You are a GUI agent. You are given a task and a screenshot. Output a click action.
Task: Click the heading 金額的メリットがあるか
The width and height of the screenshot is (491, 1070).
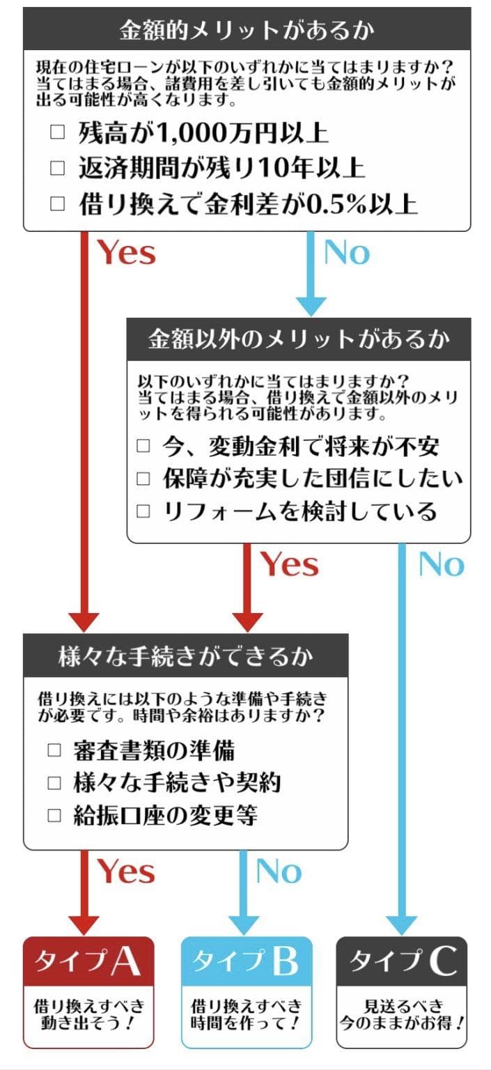[x=247, y=29]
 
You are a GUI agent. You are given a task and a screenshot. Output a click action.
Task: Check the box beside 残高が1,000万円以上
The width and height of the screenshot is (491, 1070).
[x=58, y=132]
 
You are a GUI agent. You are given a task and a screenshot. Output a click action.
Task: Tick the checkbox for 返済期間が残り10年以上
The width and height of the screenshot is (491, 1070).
[x=58, y=168]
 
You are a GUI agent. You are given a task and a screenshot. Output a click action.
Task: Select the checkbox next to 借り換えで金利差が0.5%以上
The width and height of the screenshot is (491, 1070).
[x=58, y=204]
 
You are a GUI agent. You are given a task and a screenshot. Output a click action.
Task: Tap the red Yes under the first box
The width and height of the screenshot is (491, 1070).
[x=126, y=252]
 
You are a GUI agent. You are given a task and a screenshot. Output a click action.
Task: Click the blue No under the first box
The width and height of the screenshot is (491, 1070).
[x=347, y=252]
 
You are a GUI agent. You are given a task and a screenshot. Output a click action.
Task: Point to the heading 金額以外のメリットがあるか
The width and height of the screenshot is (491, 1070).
[x=298, y=339]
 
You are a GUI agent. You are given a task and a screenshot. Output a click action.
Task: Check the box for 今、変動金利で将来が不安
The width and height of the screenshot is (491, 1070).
[x=143, y=446]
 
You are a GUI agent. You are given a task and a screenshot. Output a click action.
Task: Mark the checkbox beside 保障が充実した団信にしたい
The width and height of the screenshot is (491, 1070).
[x=143, y=479]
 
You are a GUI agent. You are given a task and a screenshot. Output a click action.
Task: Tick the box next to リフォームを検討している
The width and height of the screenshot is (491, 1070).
[x=143, y=511]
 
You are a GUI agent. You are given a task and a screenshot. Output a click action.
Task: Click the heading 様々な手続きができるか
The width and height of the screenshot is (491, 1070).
[x=185, y=656]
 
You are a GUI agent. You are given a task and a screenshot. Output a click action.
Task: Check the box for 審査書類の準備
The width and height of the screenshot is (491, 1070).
[x=55, y=750]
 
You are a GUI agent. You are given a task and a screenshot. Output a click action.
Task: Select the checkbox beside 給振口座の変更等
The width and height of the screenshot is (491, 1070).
[x=55, y=815]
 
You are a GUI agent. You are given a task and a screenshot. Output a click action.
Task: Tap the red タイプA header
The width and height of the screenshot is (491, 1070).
[x=88, y=961]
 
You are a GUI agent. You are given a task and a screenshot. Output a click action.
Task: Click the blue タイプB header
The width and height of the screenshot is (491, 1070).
[x=246, y=961]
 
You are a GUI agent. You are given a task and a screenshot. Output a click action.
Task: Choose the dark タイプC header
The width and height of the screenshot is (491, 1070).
[x=403, y=961]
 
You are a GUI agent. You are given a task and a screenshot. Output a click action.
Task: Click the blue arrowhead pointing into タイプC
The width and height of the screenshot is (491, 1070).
[x=402, y=926]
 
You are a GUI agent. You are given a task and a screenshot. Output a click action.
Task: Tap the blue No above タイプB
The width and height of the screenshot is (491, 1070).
[x=279, y=871]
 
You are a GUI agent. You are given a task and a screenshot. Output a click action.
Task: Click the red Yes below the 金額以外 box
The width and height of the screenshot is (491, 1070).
[x=290, y=564]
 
